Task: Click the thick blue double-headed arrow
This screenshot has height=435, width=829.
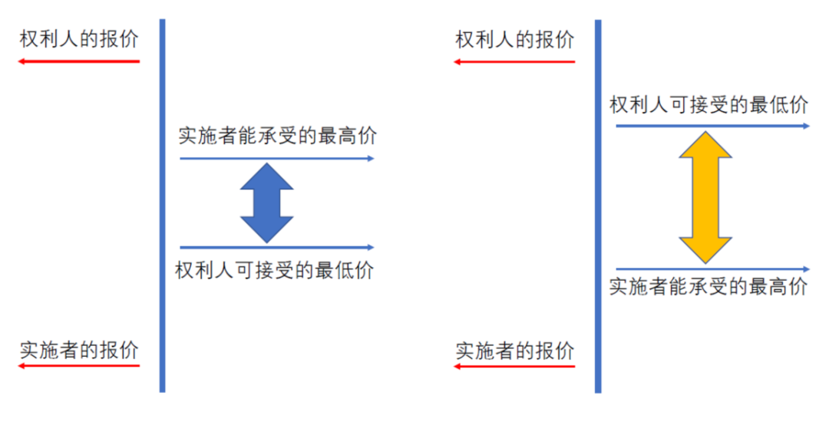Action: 267,203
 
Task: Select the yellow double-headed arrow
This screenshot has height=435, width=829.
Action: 705,198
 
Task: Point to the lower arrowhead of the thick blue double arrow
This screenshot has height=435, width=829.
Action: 267,229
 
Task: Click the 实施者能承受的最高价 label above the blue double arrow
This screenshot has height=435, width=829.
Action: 278,136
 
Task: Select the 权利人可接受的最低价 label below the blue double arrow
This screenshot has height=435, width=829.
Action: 274,270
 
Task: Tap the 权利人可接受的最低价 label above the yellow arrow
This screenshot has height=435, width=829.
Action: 709,104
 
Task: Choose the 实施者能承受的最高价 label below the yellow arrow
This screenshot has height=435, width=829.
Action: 708,286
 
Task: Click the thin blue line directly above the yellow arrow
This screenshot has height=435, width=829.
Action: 712,126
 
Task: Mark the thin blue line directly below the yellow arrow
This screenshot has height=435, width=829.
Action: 712,269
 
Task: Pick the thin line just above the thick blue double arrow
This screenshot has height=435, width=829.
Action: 277,158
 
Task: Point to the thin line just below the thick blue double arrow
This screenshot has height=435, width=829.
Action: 277,247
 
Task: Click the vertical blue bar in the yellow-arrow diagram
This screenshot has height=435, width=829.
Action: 598,206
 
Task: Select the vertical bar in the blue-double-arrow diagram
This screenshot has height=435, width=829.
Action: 162,206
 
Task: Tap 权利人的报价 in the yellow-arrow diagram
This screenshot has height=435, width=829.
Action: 515,40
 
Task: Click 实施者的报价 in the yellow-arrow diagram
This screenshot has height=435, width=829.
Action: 515,351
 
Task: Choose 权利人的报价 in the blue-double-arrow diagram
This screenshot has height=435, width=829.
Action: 79,38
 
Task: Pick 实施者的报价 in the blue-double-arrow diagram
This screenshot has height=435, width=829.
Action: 79,350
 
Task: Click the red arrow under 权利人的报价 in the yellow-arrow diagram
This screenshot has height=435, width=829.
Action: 514,62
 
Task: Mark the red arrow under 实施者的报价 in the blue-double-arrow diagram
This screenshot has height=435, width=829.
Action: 79,365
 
